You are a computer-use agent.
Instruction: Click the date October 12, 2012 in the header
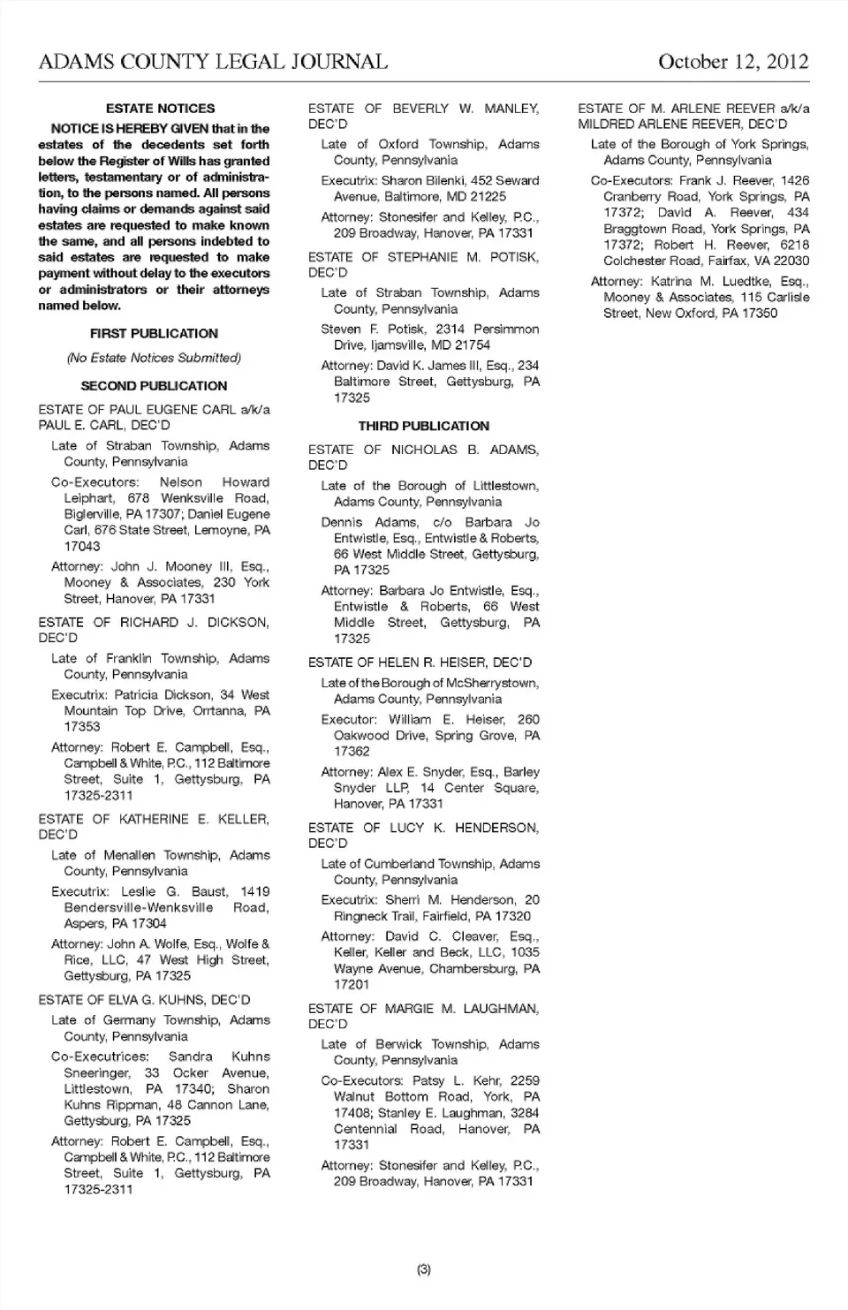pos(732,62)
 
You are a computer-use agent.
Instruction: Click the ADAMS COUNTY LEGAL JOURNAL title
pos(213,62)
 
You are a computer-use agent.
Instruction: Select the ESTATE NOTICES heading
pos(160,109)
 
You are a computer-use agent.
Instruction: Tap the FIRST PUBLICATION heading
pos(154,334)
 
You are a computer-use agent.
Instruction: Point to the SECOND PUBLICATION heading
pos(154,386)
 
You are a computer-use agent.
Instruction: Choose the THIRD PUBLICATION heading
pos(423,426)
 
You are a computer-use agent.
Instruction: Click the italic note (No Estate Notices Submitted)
pos(154,359)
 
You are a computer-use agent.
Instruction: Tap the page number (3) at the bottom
pos(424,1269)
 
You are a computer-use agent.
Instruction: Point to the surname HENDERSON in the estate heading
pos(496,828)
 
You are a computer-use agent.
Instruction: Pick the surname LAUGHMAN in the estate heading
pos(500,1009)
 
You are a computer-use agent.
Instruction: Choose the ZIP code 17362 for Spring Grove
pos(352,752)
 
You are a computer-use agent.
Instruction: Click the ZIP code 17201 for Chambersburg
pos(352,985)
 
